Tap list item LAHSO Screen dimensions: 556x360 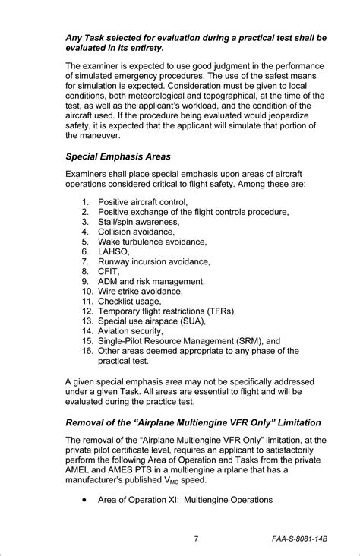click(x=114, y=251)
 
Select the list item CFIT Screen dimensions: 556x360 click(x=109, y=271)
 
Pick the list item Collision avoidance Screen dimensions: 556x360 click(x=136, y=232)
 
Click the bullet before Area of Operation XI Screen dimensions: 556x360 click(x=82, y=500)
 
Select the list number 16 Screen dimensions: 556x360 click(x=86, y=351)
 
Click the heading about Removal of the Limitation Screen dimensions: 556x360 click(x=193, y=422)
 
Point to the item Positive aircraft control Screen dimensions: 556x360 click(x=143, y=202)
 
